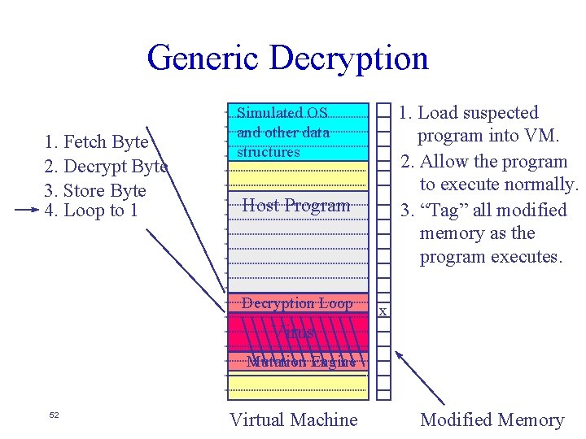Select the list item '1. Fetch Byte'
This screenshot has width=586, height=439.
tap(97, 142)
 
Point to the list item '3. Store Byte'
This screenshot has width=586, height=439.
tap(95, 191)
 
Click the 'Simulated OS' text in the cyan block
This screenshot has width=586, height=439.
tap(282, 114)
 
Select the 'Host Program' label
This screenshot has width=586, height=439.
tap(296, 206)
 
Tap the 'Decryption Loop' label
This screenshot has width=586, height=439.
tap(297, 303)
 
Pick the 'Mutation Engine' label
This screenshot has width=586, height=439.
tap(301, 362)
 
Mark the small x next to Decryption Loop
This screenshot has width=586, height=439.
tap(383, 311)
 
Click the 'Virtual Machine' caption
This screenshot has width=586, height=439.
tap(293, 419)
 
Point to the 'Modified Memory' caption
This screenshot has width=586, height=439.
tap(492, 419)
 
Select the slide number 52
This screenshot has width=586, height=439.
tap(55, 415)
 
